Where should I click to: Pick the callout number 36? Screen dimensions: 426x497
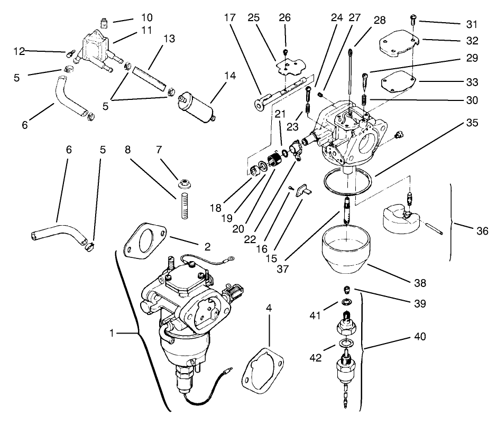(482, 230)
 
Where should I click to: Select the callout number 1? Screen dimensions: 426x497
(111, 334)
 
